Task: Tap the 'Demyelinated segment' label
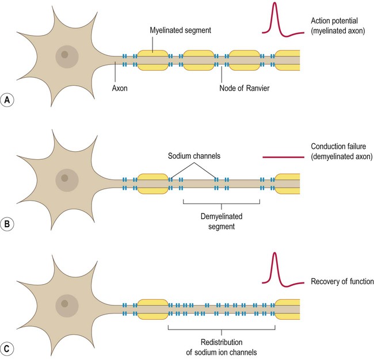click(x=222, y=222)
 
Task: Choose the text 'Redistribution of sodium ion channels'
click(x=222, y=344)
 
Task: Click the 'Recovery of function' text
click(x=342, y=282)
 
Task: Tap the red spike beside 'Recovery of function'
click(x=275, y=267)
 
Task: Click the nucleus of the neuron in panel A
click(x=64, y=55)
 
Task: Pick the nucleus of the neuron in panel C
click(x=64, y=304)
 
